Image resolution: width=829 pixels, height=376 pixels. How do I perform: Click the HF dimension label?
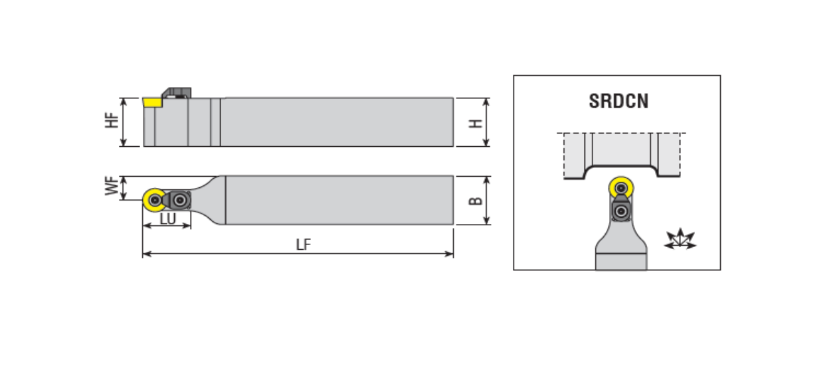(x=112, y=120)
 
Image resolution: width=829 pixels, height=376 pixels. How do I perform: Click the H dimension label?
(x=476, y=124)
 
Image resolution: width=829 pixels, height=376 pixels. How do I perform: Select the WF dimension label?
(x=112, y=186)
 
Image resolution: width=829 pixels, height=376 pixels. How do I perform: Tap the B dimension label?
(x=476, y=201)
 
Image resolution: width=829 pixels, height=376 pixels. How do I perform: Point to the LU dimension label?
(x=167, y=219)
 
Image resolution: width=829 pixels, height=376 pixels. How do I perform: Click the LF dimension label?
(x=304, y=244)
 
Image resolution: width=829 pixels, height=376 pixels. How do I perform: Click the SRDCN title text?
(x=618, y=101)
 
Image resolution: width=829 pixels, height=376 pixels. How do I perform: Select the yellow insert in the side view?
(x=153, y=102)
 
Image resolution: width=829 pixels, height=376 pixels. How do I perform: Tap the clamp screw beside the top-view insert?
(x=180, y=200)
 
